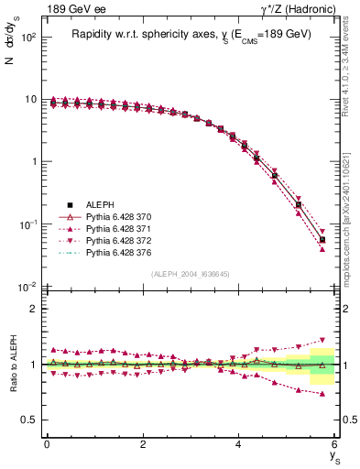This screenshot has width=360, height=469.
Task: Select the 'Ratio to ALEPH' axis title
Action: [12, 364]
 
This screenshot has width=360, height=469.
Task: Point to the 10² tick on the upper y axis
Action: [27, 38]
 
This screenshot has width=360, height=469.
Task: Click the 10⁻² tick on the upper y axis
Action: [27, 288]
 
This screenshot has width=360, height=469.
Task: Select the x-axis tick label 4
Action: [239, 444]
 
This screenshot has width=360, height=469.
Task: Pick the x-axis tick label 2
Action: [143, 444]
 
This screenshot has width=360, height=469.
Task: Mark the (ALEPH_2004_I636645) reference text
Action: [191, 274]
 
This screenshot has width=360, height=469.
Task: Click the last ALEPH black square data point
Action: [322, 240]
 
